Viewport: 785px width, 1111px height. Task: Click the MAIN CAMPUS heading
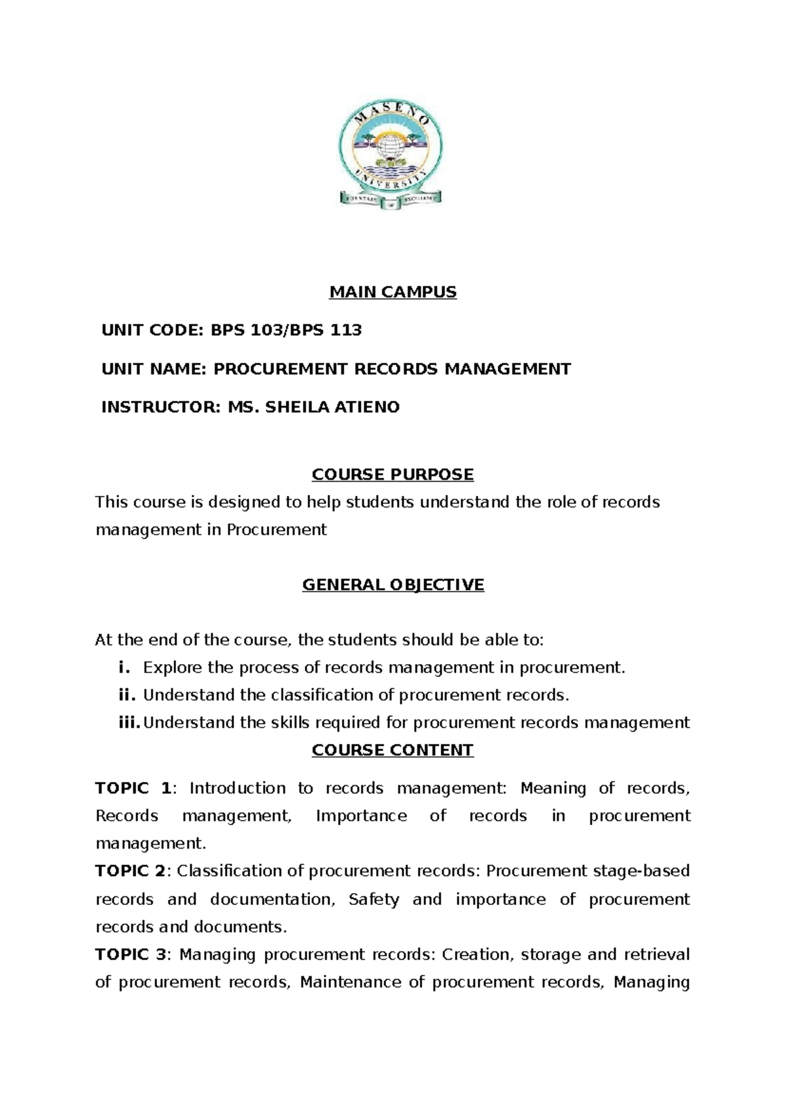[392, 292]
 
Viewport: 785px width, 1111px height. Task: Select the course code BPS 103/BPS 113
[286, 330]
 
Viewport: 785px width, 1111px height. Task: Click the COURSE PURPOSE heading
[392, 474]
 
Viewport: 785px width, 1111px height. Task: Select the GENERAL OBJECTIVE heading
[392, 584]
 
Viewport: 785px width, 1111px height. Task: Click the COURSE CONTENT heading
[392, 750]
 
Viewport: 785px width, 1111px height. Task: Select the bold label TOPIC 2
[131, 871]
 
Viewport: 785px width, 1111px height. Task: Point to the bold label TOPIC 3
[131, 955]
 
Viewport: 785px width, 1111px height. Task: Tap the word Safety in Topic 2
[374, 899]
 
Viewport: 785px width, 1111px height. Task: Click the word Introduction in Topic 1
[237, 788]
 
